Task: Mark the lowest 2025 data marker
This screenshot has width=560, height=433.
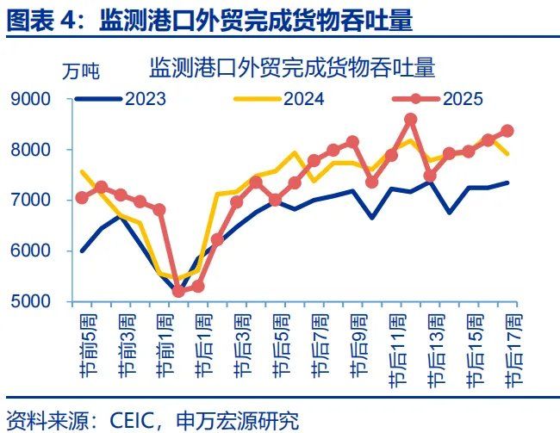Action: click(178, 291)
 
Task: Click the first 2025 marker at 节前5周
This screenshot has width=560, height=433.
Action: click(83, 197)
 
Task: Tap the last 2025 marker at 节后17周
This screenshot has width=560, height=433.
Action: click(507, 131)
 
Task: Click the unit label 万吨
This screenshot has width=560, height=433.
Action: click(80, 72)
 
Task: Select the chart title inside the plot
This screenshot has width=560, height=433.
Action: click(291, 66)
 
